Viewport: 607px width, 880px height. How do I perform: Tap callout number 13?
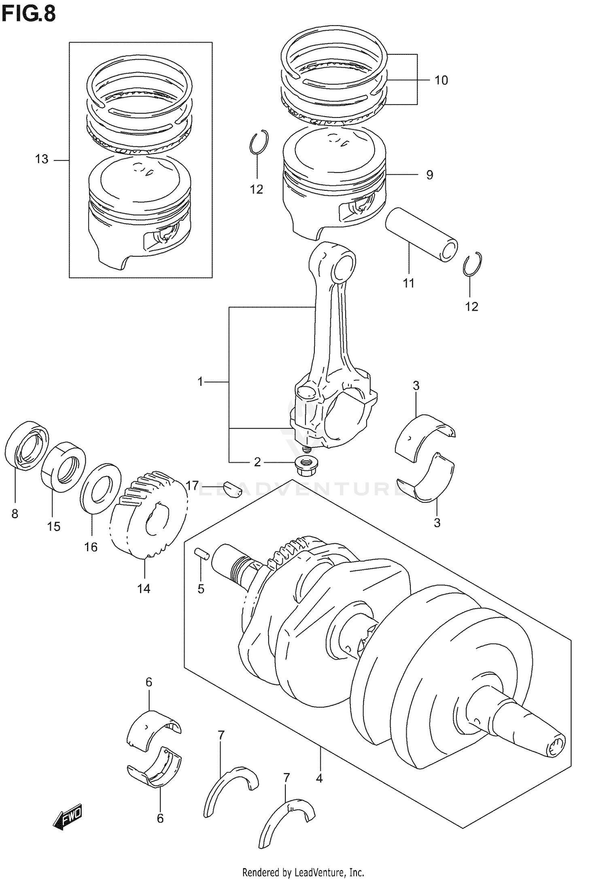point(42,159)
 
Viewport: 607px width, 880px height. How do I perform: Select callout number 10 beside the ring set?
point(441,80)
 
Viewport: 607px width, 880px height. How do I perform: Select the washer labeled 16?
point(101,488)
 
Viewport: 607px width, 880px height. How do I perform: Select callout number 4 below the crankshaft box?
point(319,778)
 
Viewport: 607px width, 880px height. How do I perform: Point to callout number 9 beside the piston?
point(429,175)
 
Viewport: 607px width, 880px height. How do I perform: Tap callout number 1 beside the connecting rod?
point(200,381)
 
